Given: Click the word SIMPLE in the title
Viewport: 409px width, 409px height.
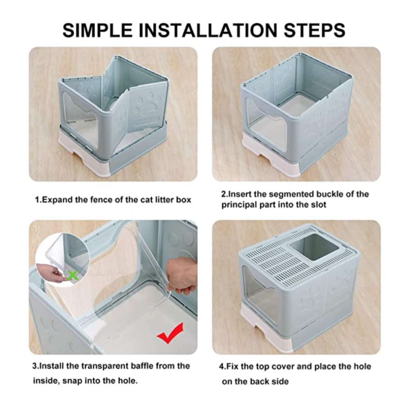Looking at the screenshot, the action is [97, 30].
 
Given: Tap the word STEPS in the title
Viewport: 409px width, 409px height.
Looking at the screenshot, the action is [315, 30].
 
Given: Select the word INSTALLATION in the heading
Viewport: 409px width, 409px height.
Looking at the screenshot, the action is [208, 30].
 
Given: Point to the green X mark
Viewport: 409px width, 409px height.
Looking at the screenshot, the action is [72, 275].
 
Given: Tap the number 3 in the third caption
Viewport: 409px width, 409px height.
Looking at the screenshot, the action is [34, 366].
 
